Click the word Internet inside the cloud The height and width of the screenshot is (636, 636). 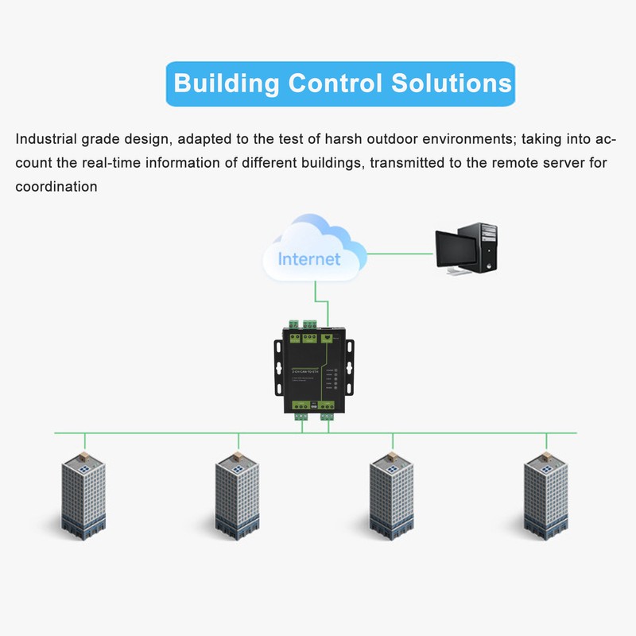tap(309, 258)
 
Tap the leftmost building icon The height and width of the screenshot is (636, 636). tap(83, 497)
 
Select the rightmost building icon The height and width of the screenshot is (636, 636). tap(545, 497)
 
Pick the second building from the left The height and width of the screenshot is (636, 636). tap(238, 497)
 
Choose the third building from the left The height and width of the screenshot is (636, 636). tap(391, 497)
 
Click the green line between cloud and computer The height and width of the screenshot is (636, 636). tap(401, 254)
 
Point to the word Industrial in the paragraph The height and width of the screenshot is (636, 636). tap(46, 139)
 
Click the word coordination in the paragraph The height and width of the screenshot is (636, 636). tap(56, 187)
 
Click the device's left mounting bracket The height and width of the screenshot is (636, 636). tap(278, 370)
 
